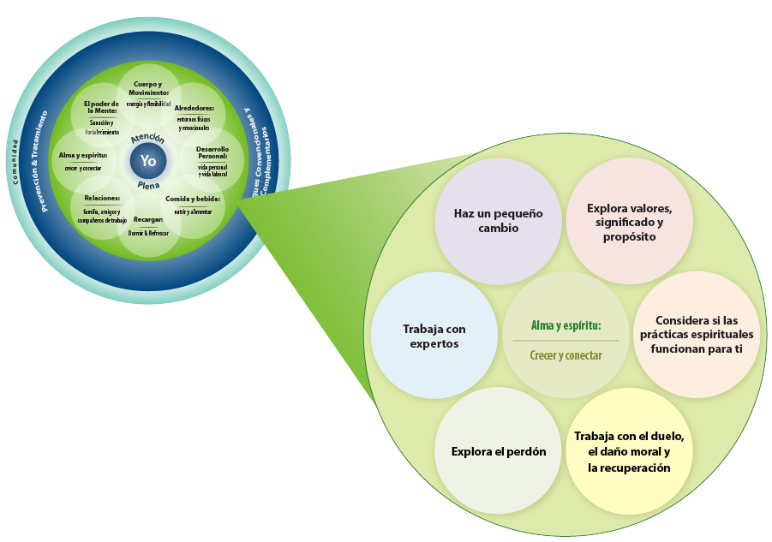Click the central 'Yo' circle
(148, 160)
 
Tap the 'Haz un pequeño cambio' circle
(498, 220)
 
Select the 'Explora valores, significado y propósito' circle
(629, 220)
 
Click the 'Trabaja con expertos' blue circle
(434, 336)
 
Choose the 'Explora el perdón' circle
(499, 451)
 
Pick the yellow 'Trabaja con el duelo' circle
(629, 451)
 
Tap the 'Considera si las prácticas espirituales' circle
(697, 336)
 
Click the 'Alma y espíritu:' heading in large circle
(565, 325)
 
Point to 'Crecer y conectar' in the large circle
(565, 355)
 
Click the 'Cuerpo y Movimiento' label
(148, 88)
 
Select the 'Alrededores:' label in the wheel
(194, 109)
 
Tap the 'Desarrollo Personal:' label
(211, 152)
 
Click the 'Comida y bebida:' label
(193, 199)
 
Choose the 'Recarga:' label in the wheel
(148, 220)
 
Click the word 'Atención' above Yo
(148, 137)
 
